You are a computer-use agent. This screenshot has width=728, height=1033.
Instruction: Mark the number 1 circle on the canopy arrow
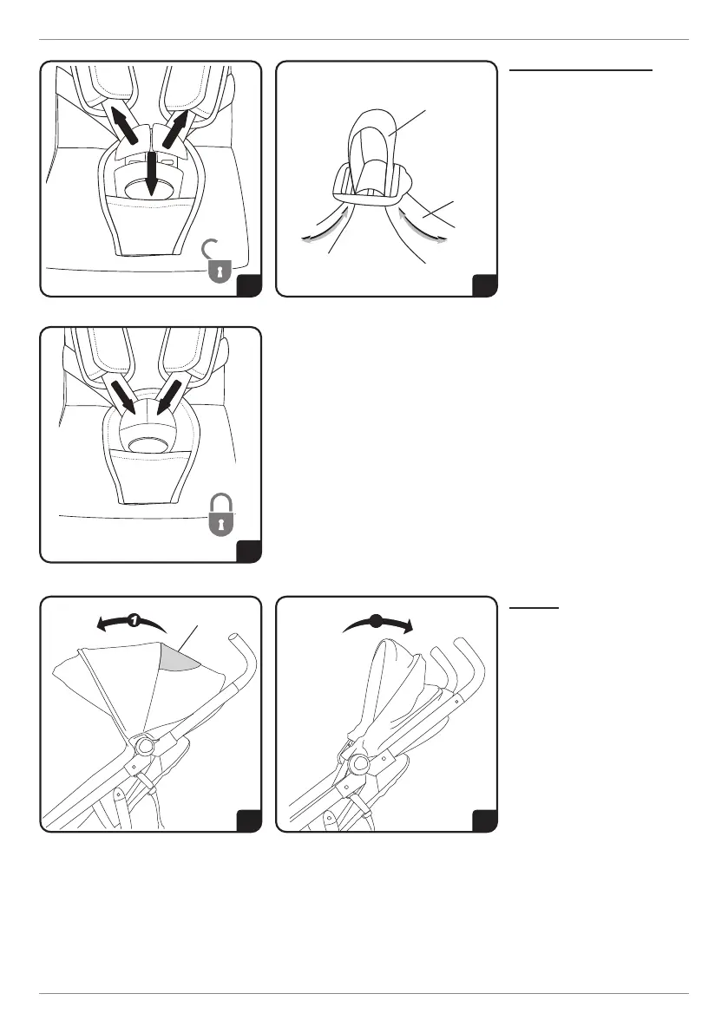point(133,620)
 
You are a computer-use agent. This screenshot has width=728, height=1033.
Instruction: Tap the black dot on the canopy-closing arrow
point(376,621)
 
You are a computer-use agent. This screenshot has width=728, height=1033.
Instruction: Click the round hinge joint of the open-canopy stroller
point(142,744)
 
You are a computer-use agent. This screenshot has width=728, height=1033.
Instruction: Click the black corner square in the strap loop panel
point(484,284)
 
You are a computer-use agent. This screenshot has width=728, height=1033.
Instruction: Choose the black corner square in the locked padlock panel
point(249,550)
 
